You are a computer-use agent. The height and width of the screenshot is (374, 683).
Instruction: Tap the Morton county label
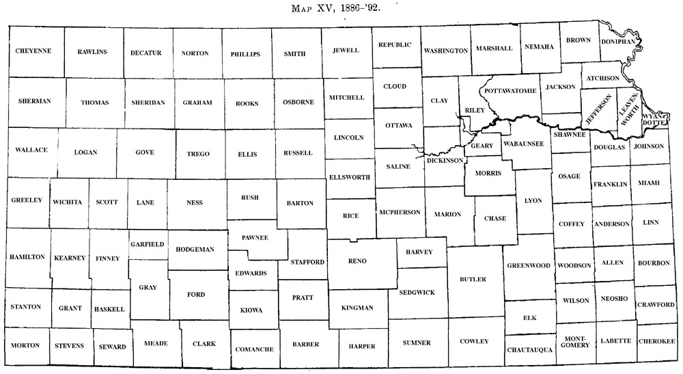point(26,345)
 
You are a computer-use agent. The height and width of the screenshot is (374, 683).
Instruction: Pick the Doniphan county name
point(618,41)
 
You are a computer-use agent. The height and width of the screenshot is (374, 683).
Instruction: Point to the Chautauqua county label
point(529,350)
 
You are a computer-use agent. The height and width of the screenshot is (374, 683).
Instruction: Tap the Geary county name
point(482,146)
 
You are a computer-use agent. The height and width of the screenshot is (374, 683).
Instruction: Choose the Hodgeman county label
point(196,249)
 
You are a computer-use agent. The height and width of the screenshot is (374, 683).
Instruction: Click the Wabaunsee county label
point(523,144)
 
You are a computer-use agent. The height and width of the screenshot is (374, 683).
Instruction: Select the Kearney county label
point(70,258)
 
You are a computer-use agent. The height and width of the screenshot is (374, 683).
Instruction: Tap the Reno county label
point(357,261)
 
